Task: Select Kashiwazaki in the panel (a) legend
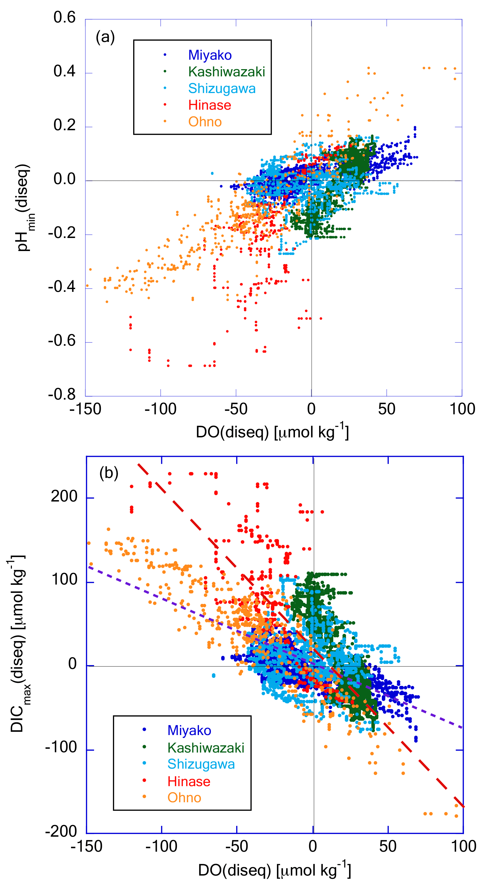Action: (x=226, y=72)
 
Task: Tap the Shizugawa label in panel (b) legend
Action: (x=201, y=764)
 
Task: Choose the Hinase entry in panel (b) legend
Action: (x=189, y=781)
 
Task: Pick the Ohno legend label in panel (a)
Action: (x=205, y=122)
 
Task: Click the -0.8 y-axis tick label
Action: (x=62, y=394)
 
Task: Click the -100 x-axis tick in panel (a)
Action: (x=161, y=409)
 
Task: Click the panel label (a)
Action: (x=105, y=37)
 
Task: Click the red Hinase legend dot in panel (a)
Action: (x=165, y=105)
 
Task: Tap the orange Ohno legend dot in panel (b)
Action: (x=144, y=797)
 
